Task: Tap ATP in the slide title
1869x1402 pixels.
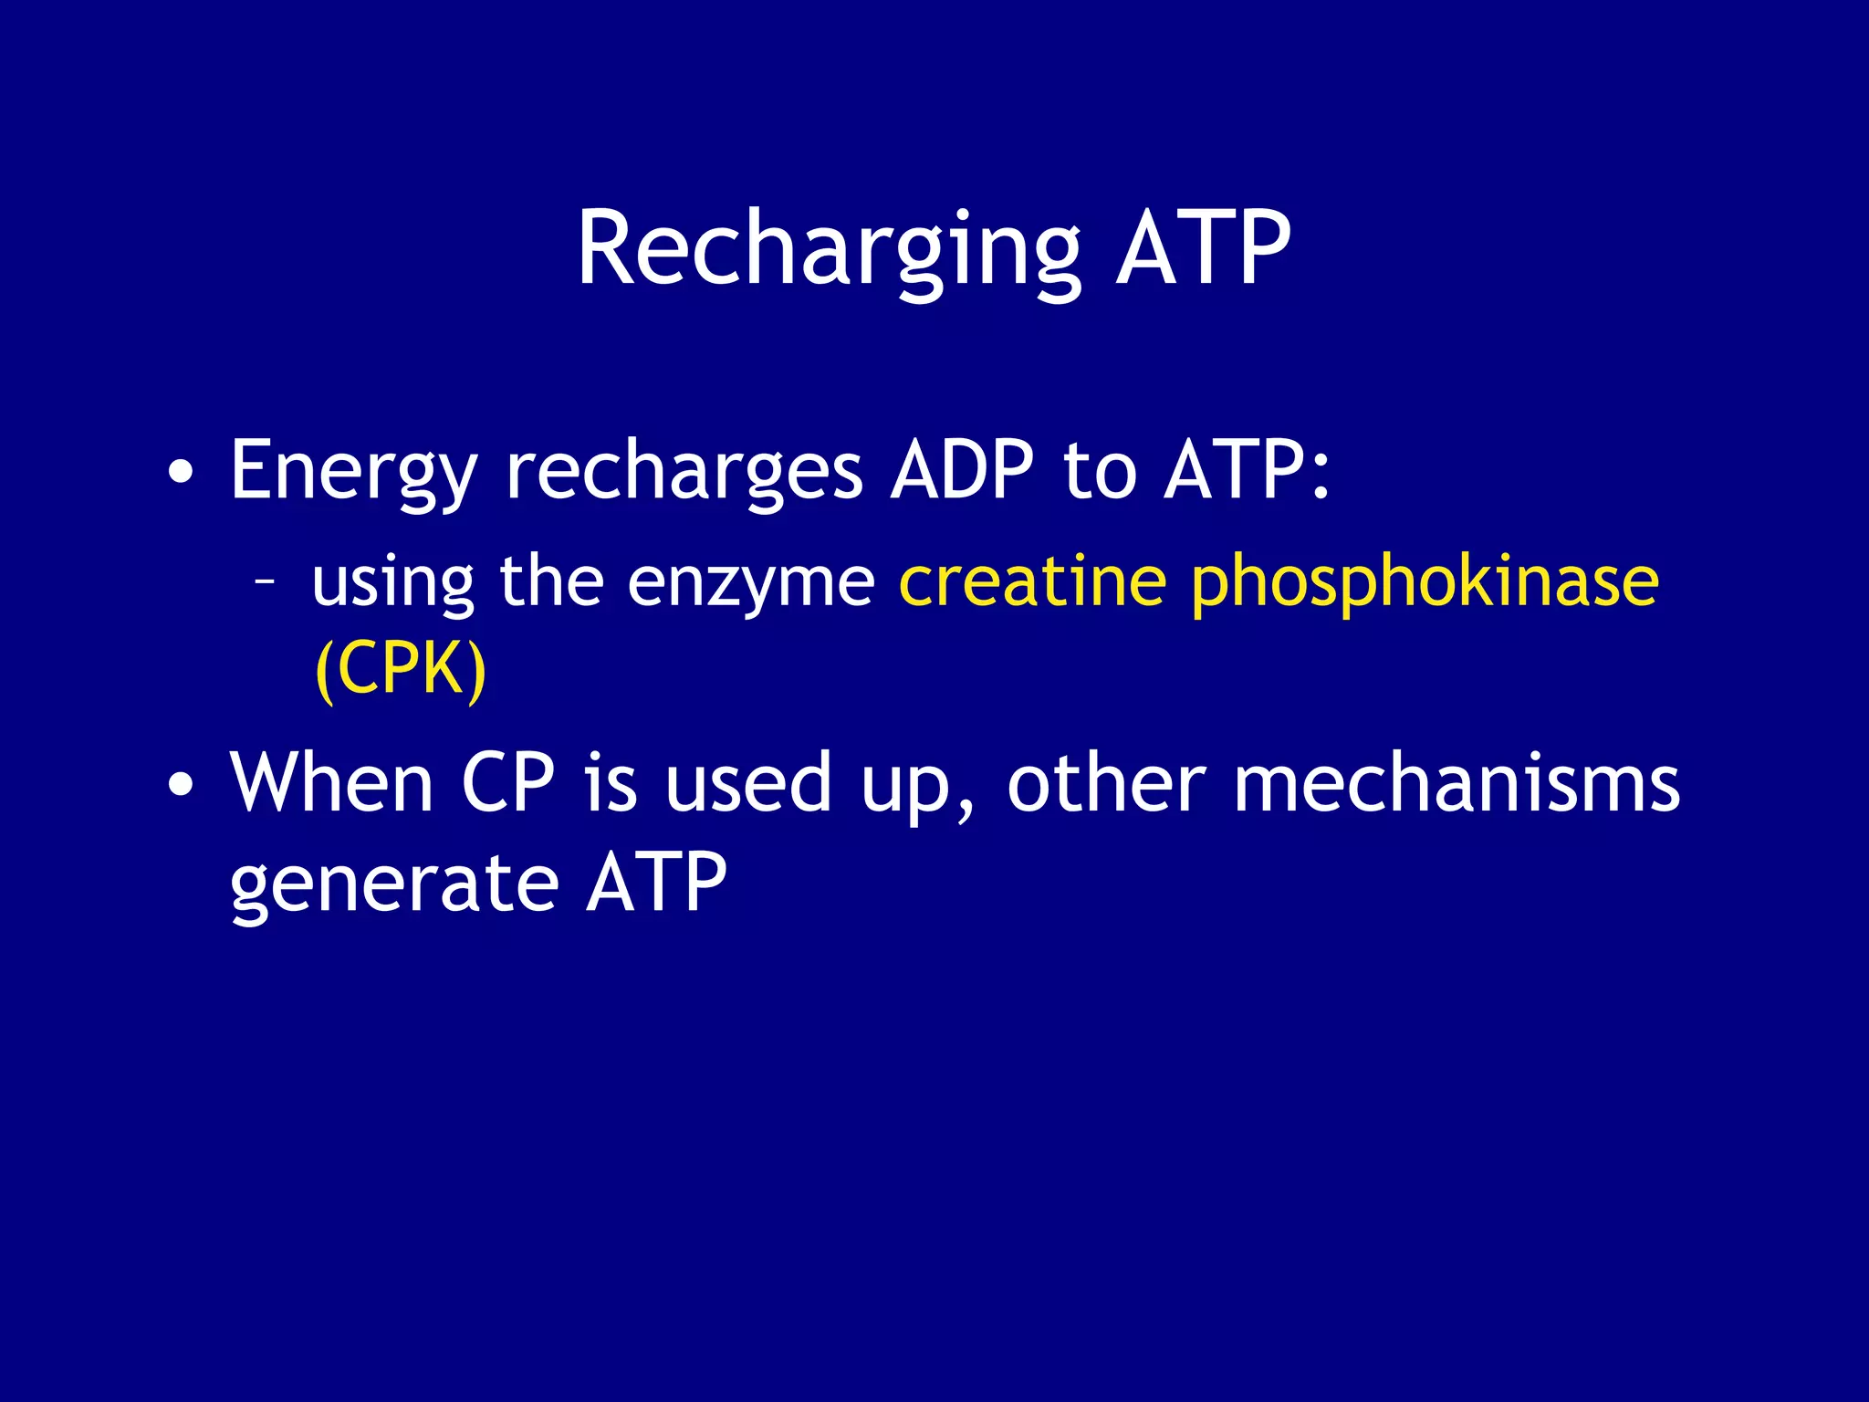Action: (1203, 248)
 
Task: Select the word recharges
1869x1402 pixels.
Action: (684, 471)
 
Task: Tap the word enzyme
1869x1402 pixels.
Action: (751, 581)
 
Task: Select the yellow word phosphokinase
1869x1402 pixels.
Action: (1425, 582)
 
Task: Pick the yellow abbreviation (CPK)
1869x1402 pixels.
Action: (400, 669)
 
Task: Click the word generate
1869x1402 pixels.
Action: (394, 884)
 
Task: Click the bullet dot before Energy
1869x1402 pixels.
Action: (181, 474)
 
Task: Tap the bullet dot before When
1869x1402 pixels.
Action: (181, 784)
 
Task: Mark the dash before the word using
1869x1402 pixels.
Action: (266, 581)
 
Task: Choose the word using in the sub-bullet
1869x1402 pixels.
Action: (393, 582)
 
